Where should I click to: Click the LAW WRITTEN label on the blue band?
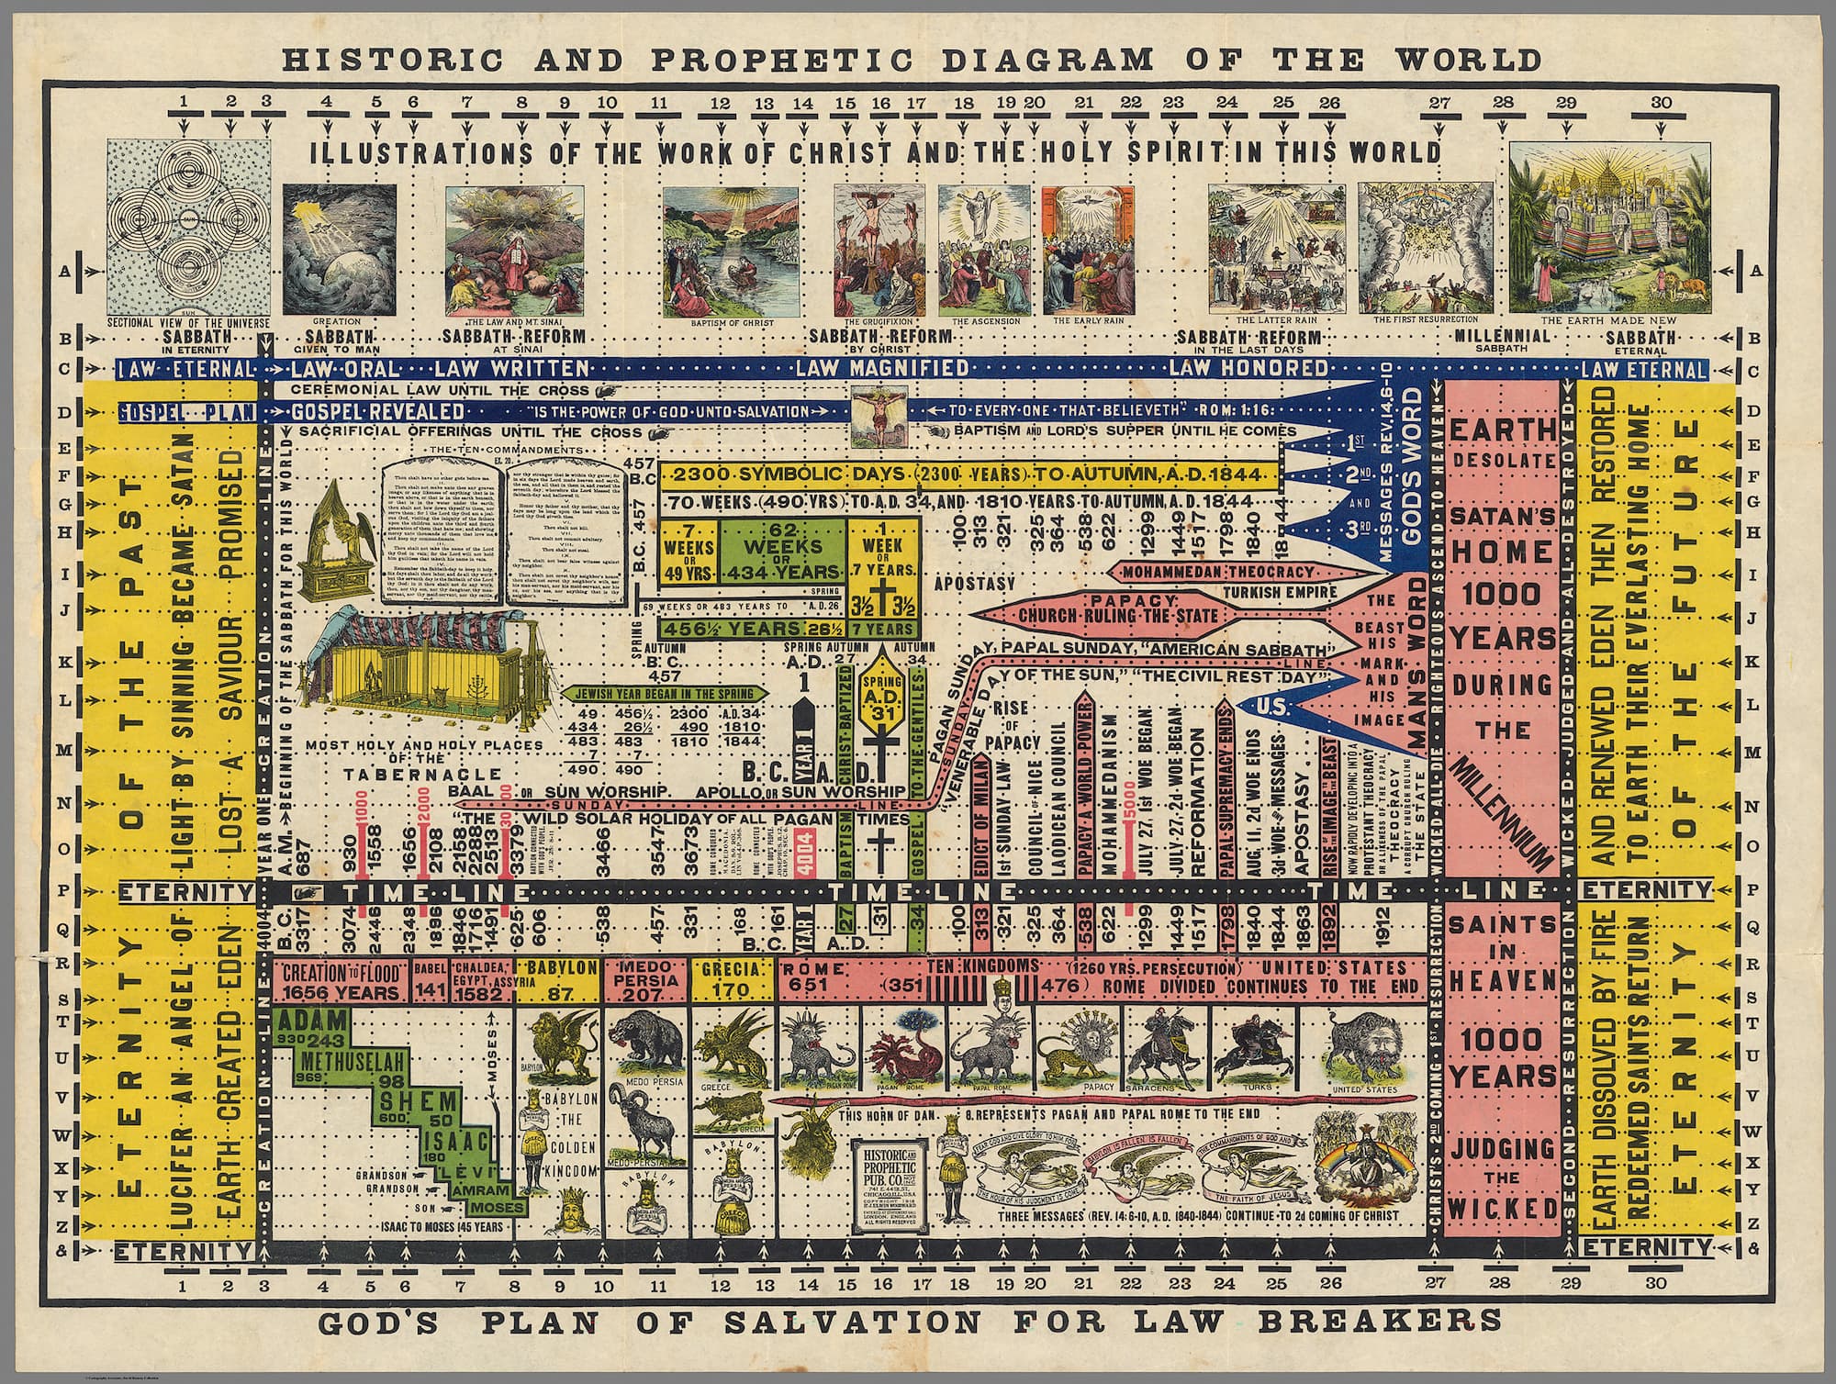(x=510, y=369)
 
